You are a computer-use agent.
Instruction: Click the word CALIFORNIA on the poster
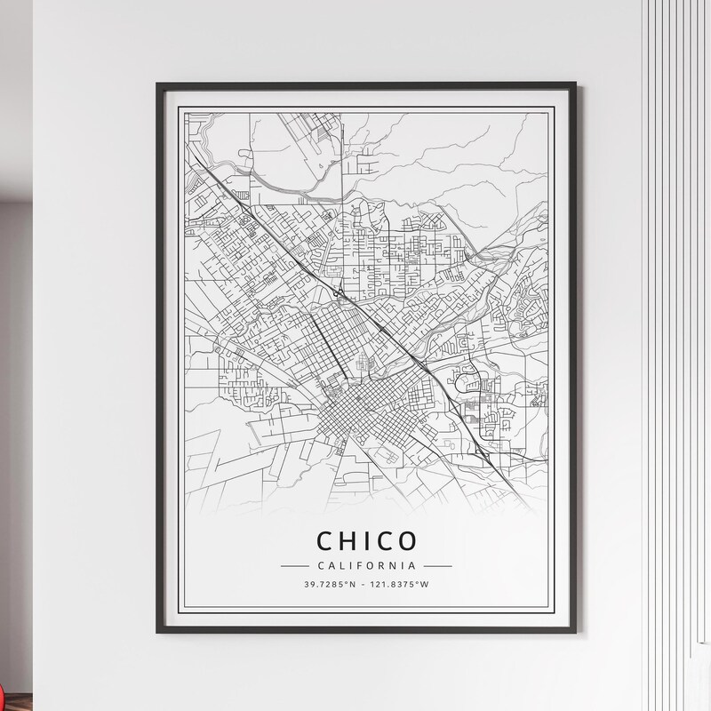coord(366,565)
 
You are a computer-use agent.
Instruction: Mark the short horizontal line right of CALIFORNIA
coord(437,565)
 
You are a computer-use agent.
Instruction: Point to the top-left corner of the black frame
coord(157,84)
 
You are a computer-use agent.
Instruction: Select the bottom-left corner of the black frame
coord(157,632)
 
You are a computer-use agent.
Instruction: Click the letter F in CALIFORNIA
coord(358,565)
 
